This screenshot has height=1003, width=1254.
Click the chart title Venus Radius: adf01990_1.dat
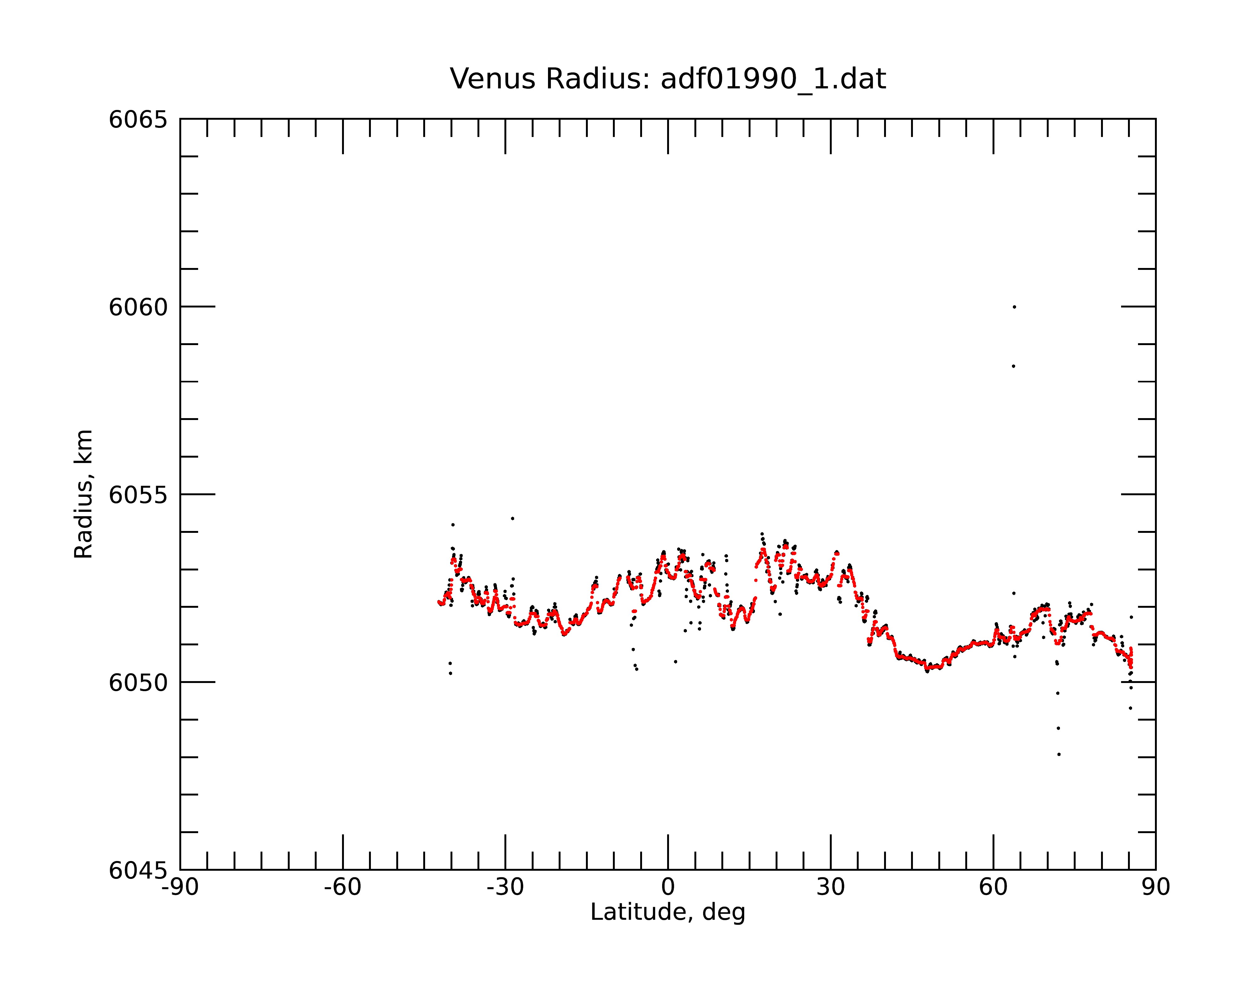coord(668,79)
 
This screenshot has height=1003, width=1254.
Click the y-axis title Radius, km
coord(83,494)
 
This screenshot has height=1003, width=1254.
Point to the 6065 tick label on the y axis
coord(138,120)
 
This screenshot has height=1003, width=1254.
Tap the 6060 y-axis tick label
coord(138,307)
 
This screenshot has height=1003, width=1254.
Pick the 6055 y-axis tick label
coord(138,495)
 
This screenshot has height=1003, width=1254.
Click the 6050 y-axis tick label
coord(138,683)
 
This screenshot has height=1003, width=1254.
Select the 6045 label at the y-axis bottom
coord(138,870)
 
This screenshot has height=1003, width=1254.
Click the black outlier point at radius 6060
coord(1014,307)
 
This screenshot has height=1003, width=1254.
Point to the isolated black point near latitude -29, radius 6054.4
coord(513,518)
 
